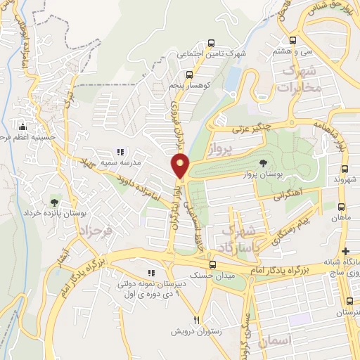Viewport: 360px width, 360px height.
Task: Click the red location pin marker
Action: [x=181, y=166]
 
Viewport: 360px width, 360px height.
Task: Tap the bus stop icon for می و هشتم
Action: [x=292, y=40]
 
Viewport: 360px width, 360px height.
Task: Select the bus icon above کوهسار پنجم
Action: [x=189, y=74]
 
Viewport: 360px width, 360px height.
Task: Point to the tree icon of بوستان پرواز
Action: [x=263, y=163]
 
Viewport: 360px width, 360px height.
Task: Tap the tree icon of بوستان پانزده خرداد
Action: [x=55, y=203]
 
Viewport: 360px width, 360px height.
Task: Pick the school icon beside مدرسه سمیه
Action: [x=120, y=152]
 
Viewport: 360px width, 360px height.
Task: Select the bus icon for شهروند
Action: [x=344, y=169]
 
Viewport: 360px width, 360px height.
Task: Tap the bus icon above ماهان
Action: [x=341, y=207]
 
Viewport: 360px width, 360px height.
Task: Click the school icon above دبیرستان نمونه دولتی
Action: [x=150, y=273]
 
